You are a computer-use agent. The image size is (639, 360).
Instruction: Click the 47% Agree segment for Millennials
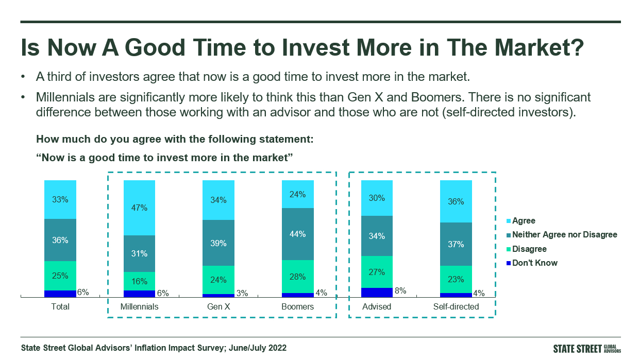(139, 208)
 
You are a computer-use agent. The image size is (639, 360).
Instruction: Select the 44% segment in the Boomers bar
(297, 234)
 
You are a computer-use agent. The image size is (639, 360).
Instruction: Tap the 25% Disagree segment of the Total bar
(60, 276)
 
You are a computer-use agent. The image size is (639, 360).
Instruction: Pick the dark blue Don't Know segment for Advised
(377, 293)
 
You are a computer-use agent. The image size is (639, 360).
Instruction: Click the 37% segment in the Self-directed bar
(456, 244)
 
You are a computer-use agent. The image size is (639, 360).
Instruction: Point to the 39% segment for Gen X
(218, 243)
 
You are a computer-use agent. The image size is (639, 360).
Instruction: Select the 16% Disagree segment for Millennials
(139, 281)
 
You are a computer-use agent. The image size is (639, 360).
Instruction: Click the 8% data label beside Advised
(400, 291)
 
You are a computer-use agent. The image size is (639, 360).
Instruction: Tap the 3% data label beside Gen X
(242, 293)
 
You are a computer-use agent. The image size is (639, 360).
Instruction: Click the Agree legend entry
(520, 220)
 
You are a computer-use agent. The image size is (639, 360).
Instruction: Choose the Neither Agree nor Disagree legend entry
(562, 234)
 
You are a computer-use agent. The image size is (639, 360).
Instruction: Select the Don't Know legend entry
(532, 263)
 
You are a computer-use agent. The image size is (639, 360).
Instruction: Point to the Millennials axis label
(139, 307)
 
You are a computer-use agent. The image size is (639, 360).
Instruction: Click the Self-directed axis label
(456, 307)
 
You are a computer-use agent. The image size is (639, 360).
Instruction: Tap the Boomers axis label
(297, 307)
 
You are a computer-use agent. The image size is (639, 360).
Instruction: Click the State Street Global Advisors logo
(587, 349)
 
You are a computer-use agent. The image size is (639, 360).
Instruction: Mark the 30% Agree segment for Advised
(377, 198)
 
